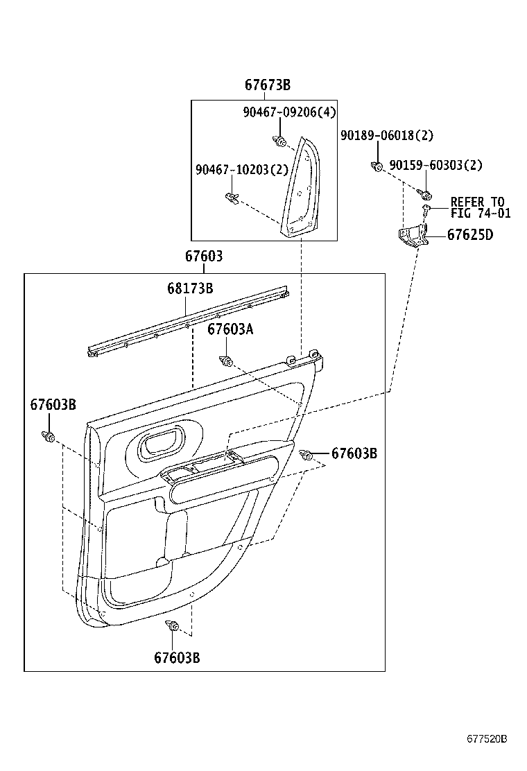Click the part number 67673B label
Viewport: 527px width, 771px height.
pos(267,85)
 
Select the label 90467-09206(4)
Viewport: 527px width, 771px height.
pos(289,112)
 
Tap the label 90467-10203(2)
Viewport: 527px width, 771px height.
pos(232,170)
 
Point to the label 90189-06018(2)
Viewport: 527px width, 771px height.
pos(386,136)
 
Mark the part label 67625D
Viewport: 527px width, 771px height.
pos(469,234)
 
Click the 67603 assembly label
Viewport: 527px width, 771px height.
pos(204,257)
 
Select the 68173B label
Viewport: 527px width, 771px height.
pos(189,289)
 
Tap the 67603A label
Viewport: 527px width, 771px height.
pos(230,330)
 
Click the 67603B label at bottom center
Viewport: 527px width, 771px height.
pos(177,657)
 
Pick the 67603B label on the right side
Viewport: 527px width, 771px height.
pos(354,453)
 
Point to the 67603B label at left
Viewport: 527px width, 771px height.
pos(53,404)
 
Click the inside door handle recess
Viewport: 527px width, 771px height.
pos(160,444)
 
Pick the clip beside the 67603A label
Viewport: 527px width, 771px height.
pos(226,361)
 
